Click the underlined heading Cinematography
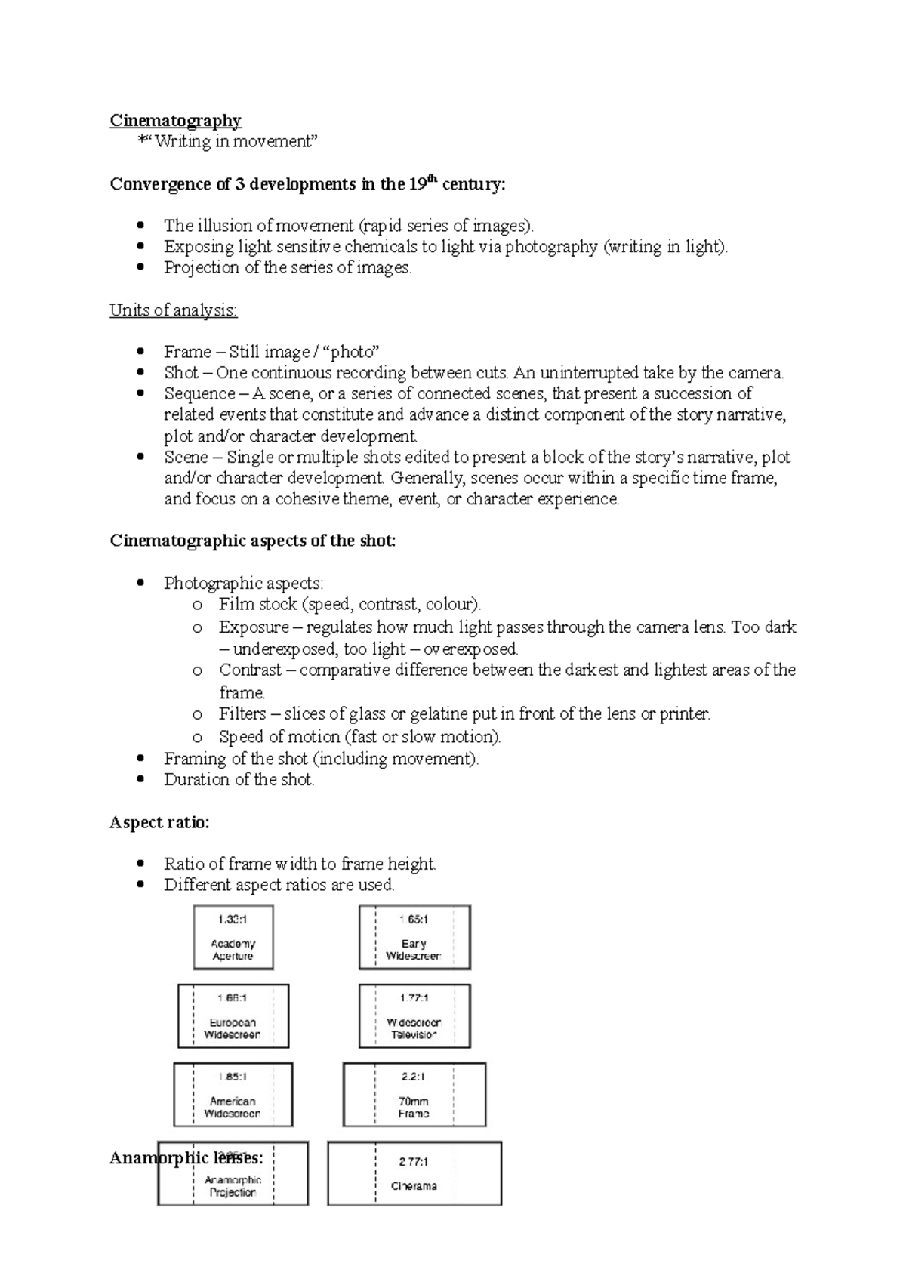pos(175,121)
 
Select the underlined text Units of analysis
pos(173,310)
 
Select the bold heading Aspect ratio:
pos(159,823)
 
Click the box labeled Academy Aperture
pos(233,938)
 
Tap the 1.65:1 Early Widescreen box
pos(414,938)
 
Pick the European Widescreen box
pos(233,1016)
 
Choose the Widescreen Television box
pos(414,1016)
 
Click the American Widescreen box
pos(233,1095)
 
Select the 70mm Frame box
pos(414,1095)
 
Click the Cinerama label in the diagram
pos(414,1186)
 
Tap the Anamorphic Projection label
pos(233,1186)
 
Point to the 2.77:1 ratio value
pos(414,1162)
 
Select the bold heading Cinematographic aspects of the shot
pos(252,541)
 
